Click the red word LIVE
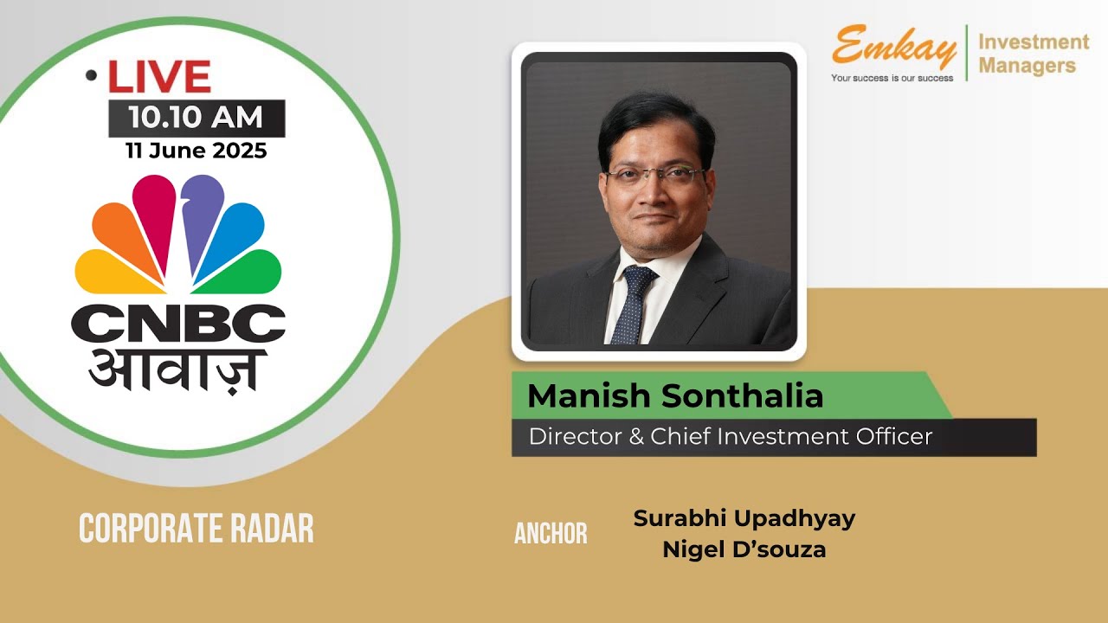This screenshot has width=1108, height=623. [x=159, y=78]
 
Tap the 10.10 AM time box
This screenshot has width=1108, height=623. [x=196, y=118]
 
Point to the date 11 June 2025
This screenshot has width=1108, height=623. [x=196, y=151]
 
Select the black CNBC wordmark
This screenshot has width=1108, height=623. [x=178, y=324]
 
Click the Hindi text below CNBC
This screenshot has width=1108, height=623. [x=177, y=368]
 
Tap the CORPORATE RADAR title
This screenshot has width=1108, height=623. [x=196, y=528]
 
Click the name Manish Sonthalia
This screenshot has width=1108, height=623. [x=674, y=395]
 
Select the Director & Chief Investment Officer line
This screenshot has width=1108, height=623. [x=730, y=436]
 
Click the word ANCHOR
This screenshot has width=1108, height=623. [x=551, y=534]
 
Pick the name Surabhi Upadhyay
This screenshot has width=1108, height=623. [x=744, y=518]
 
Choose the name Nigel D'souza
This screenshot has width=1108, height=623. [x=744, y=549]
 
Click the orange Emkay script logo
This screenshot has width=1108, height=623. [x=893, y=48]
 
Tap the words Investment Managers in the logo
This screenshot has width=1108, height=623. [x=1033, y=53]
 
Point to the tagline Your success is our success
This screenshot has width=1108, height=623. [x=892, y=78]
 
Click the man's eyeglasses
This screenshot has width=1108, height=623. [x=654, y=176]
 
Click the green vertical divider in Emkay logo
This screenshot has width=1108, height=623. [x=966, y=53]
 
